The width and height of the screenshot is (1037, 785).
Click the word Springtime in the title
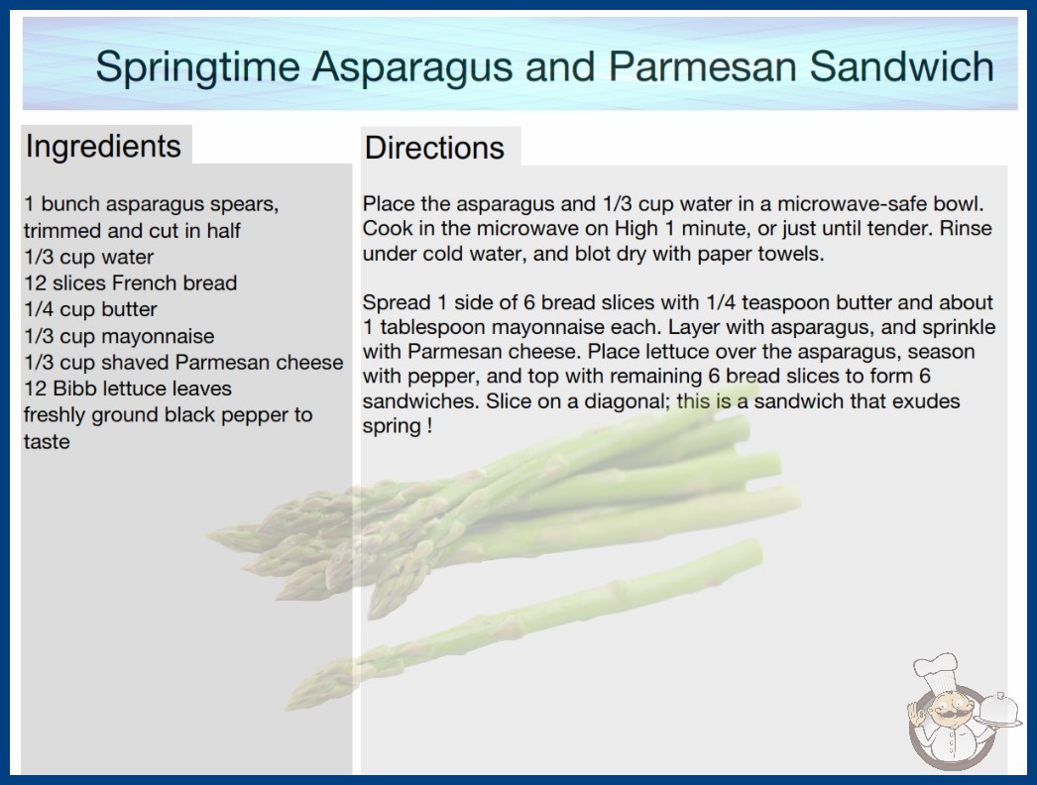click(198, 66)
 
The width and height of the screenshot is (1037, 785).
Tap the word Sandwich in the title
click(901, 66)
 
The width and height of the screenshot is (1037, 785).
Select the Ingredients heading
click(103, 146)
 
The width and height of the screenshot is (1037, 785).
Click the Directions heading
click(434, 148)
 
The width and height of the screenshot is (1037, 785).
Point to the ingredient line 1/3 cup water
click(88, 257)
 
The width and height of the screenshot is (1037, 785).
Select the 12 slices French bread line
click(130, 283)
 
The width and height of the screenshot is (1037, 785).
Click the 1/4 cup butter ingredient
click(90, 309)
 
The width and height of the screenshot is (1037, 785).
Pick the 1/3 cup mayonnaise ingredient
click(119, 336)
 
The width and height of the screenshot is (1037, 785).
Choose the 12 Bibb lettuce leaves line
click(128, 389)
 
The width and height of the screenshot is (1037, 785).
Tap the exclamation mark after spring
click(430, 425)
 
